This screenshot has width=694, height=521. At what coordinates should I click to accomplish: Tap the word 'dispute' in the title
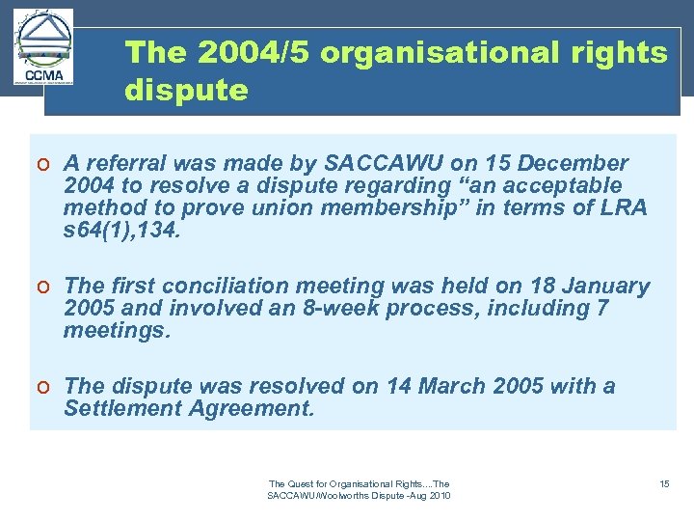point(186,92)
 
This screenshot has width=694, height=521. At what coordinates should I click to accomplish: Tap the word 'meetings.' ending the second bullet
point(116,331)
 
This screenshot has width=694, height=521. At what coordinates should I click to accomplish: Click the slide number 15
point(664,483)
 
